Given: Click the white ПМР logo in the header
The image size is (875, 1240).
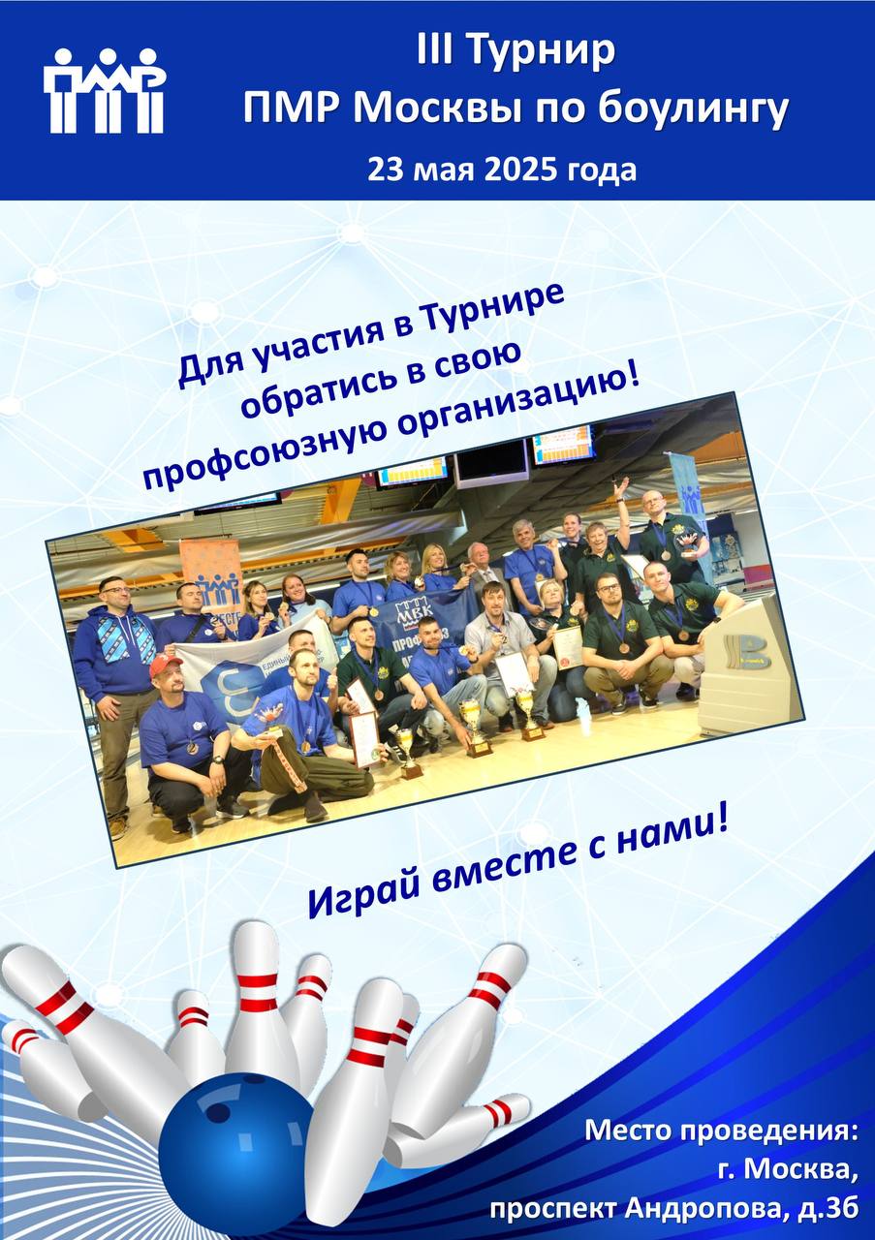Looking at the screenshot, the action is pyautogui.click(x=104, y=91).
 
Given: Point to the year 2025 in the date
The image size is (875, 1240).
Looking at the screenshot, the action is pyautogui.click(x=520, y=170).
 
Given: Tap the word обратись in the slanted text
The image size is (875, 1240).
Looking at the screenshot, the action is pyautogui.click(x=321, y=393).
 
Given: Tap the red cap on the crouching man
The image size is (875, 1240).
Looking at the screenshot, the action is pyautogui.click(x=165, y=666).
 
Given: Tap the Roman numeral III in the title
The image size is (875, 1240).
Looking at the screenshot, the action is pyautogui.click(x=436, y=50).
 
